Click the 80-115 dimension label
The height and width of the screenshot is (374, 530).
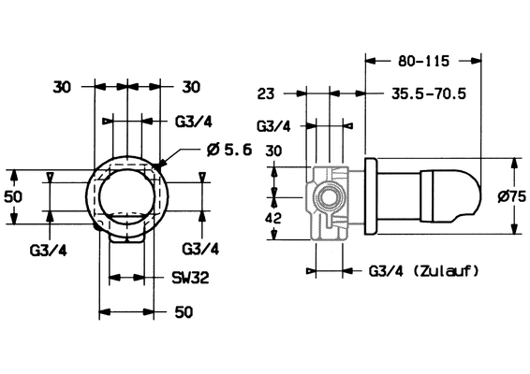pyautogui.click(x=423, y=61)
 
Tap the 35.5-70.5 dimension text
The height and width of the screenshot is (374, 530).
pyautogui.click(x=429, y=93)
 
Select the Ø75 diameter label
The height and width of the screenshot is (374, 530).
pyautogui.click(x=512, y=196)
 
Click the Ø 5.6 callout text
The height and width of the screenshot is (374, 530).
pyautogui.click(x=229, y=150)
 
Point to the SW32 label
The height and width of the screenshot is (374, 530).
pyautogui.click(x=191, y=278)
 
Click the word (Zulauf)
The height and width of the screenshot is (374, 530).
pyautogui.click(x=446, y=270)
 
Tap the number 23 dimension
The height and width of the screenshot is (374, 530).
pyautogui.click(x=266, y=93)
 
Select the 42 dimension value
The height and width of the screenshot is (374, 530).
pyautogui.click(x=273, y=219)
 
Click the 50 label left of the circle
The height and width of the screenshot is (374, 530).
pyautogui.click(x=13, y=196)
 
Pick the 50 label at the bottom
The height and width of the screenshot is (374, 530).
pyautogui.click(x=184, y=312)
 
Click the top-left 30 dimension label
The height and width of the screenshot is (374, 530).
pyautogui.click(x=62, y=88)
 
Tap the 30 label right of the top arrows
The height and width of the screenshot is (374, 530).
pyautogui.click(x=191, y=87)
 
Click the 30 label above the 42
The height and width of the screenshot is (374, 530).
pyautogui.click(x=273, y=151)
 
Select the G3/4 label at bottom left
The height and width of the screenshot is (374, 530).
pyautogui.click(x=49, y=251)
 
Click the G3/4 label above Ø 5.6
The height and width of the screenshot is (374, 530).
pyautogui.click(x=194, y=122)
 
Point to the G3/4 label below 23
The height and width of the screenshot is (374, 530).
pyautogui.click(x=273, y=126)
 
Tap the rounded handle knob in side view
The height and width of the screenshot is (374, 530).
pyautogui.click(x=449, y=196)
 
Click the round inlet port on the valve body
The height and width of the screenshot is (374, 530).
pyautogui.click(x=328, y=197)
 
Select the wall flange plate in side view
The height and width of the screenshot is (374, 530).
pyautogui.click(x=371, y=196)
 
